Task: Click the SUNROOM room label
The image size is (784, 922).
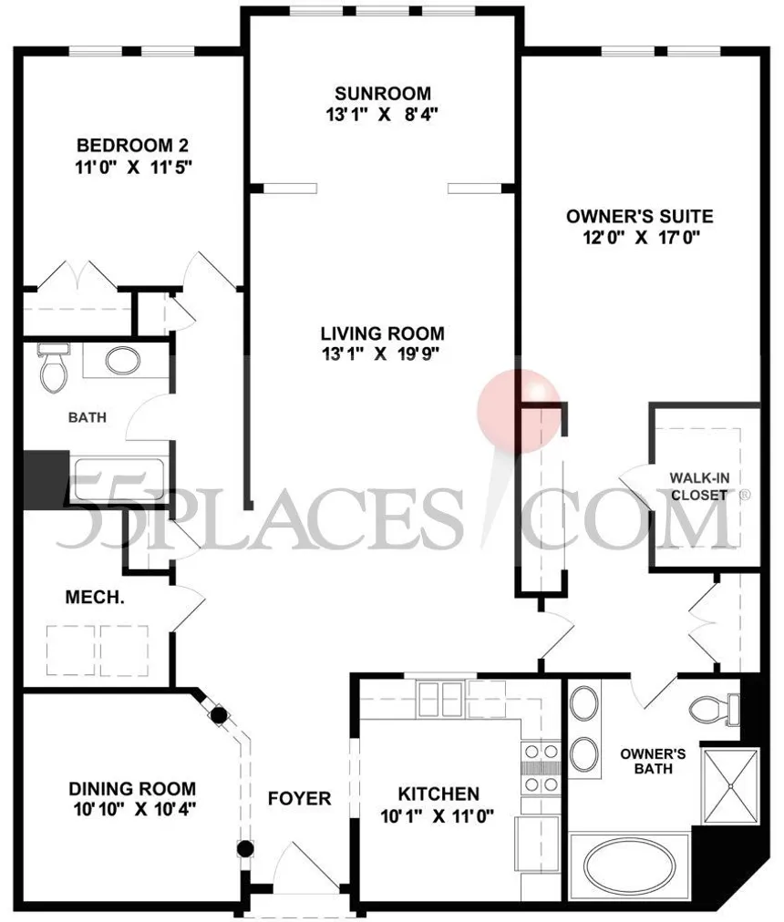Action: (x=381, y=94)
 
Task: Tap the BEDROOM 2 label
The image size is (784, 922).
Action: (x=132, y=146)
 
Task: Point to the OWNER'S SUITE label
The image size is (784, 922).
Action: (x=639, y=217)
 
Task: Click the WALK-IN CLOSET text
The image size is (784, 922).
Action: (x=698, y=487)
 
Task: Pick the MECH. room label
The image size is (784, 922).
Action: (x=95, y=599)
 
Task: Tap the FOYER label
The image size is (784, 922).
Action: (x=299, y=799)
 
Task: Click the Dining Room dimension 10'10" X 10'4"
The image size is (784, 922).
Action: (x=132, y=808)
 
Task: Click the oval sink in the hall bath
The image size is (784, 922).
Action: (x=122, y=360)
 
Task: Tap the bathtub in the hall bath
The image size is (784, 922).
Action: (x=119, y=479)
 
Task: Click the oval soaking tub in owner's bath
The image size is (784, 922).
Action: (x=630, y=865)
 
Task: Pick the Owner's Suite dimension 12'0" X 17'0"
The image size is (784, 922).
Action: (x=639, y=239)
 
